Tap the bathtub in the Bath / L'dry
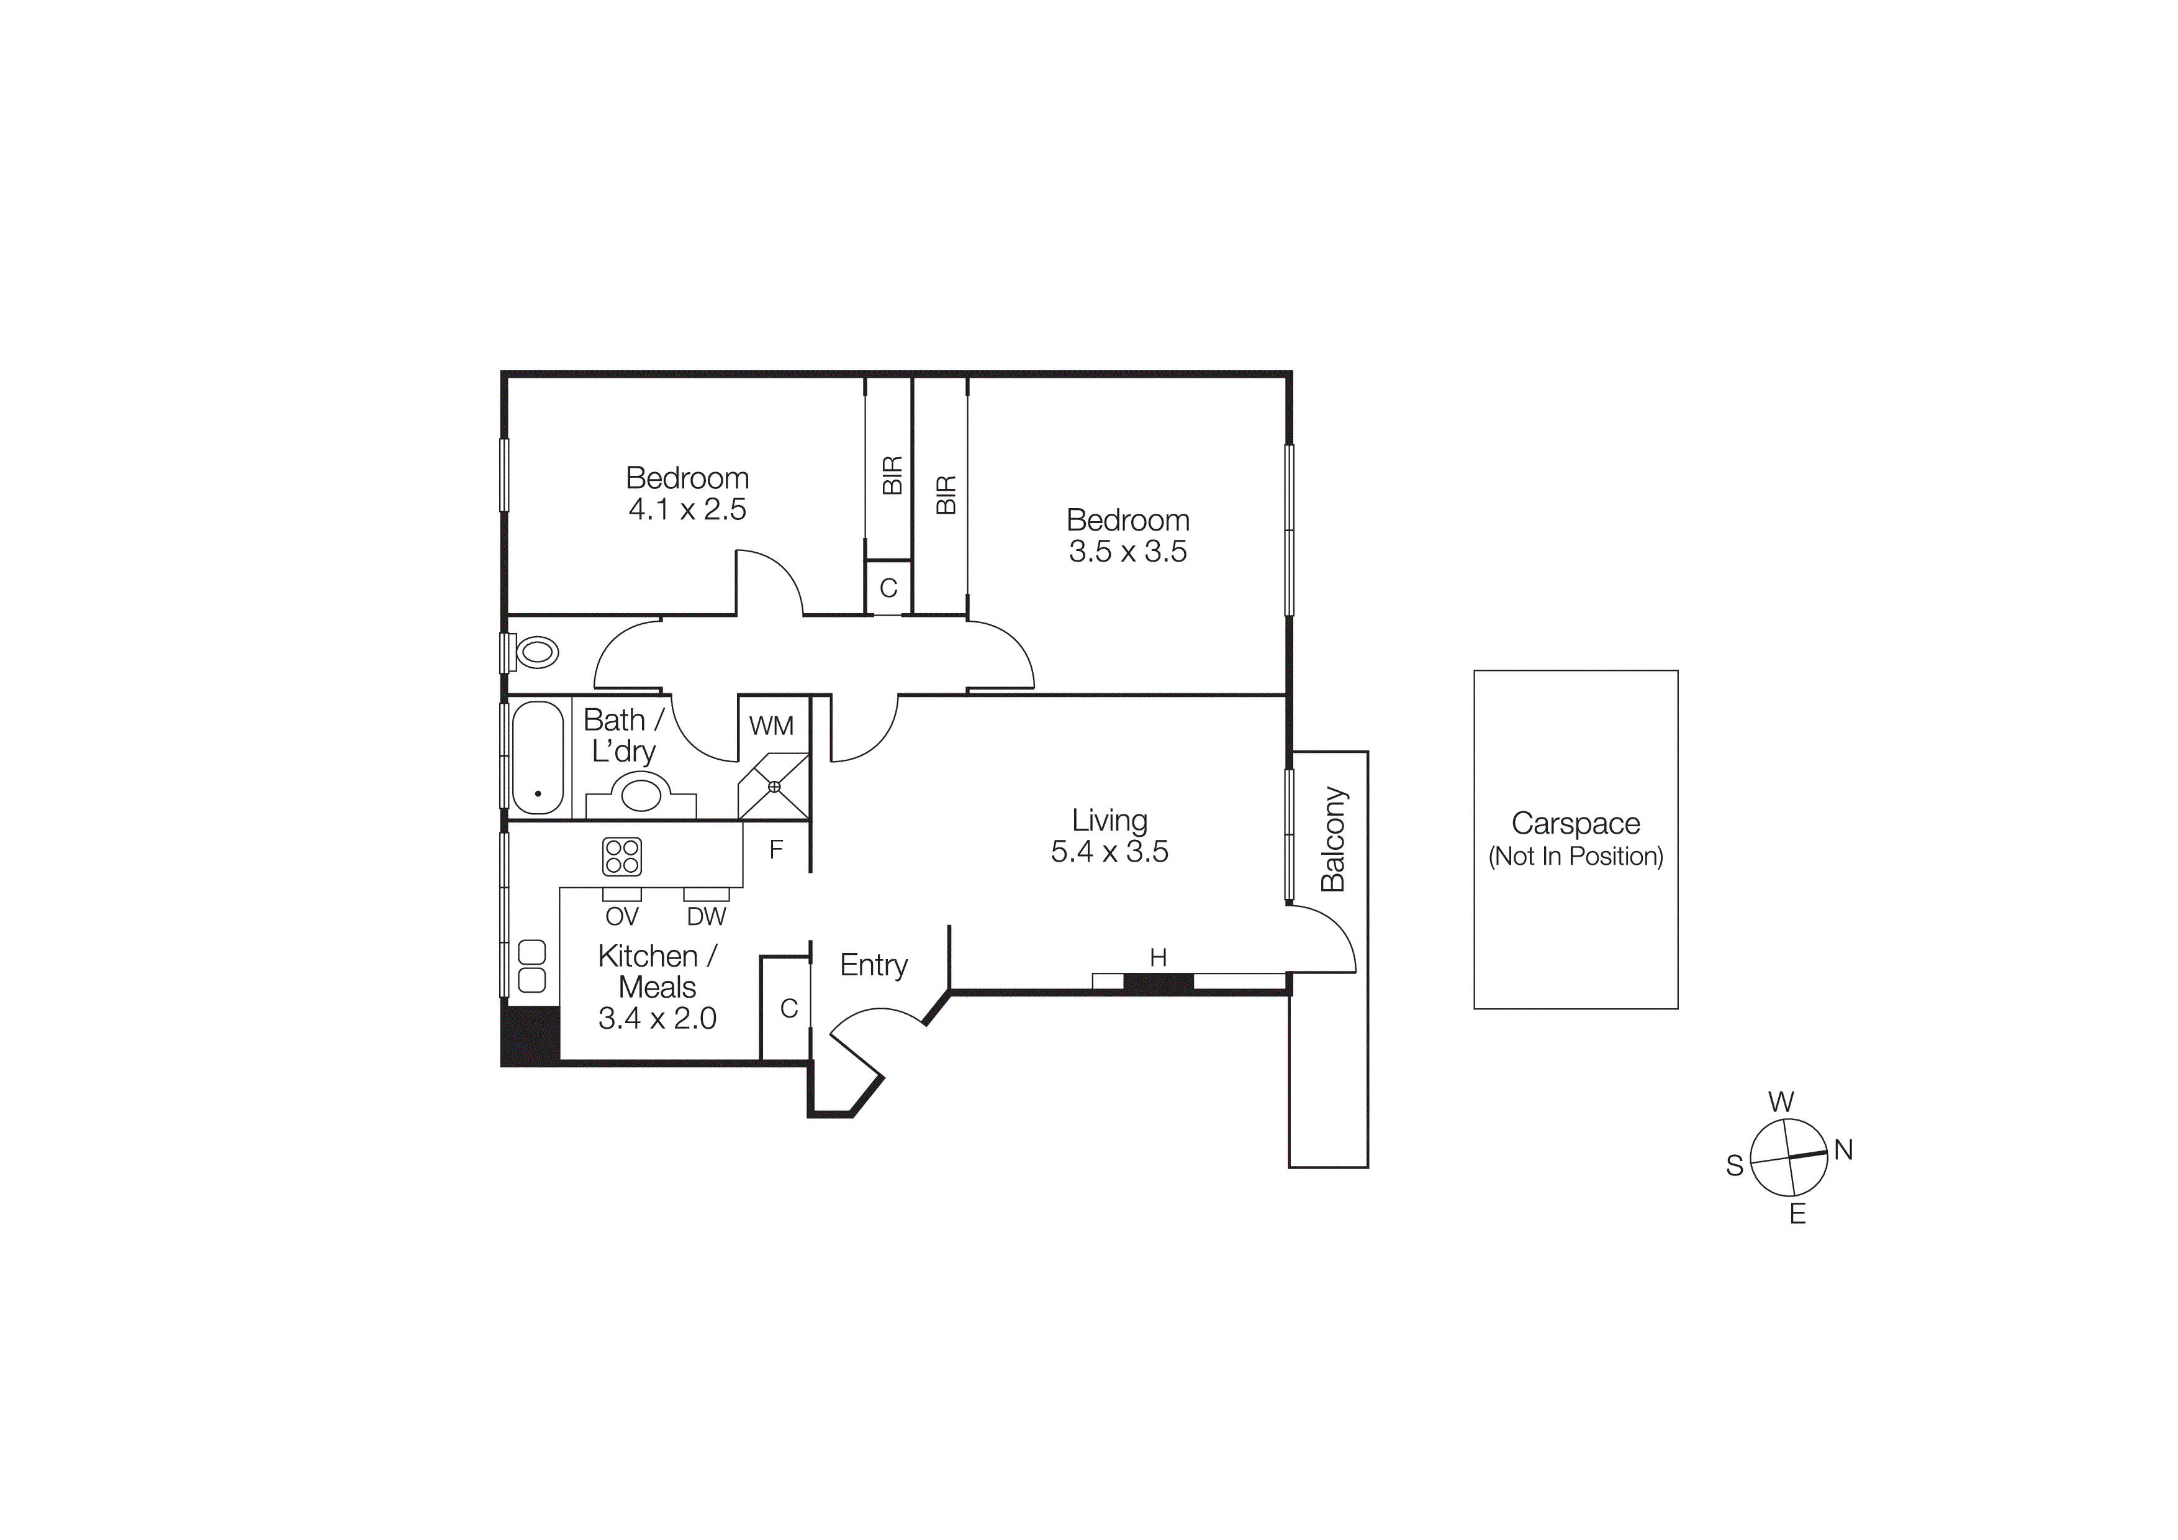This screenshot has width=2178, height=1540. (537, 757)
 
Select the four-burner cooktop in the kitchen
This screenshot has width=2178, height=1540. (621, 856)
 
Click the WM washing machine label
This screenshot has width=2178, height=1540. (770, 726)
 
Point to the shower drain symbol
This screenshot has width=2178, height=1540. (774, 786)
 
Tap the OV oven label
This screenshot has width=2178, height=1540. (621, 916)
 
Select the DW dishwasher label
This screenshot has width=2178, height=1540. (706, 916)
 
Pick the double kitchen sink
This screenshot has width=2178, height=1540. (532, 966)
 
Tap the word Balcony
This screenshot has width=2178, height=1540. (1333, 839)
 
